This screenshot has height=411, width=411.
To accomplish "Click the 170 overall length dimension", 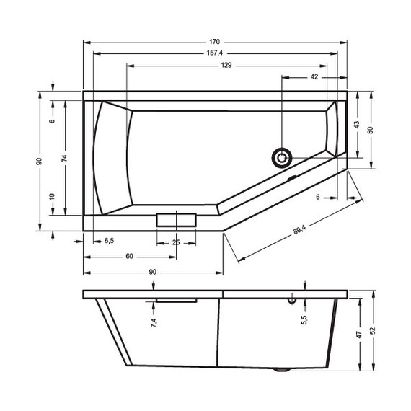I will click(x=215, y=42).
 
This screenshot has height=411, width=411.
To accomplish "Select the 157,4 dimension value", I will click(x=215, y=53).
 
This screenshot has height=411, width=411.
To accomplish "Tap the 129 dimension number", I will click(x=226, y=65).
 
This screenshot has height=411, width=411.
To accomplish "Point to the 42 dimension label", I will click(x=315, y=76).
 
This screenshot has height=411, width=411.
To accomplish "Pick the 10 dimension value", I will click(x=53, y=197).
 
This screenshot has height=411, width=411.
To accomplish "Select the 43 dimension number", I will click(x=356, y=125).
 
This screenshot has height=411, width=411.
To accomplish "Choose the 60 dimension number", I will click(x=128, y=257).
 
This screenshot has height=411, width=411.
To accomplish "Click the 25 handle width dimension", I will click(x=175, y=242).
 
